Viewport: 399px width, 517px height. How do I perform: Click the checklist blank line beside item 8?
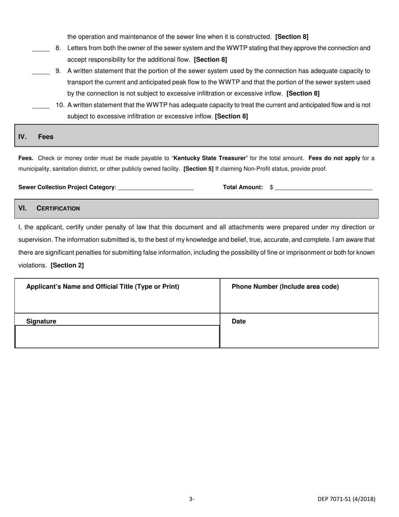tap(41, 51)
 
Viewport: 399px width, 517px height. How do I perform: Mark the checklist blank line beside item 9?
tap(41, 74)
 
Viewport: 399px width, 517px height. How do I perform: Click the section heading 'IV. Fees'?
tap(36, 137)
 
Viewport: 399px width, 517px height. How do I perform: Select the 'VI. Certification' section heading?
tap(49, 208)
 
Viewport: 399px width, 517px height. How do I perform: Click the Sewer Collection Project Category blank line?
tap(155, 189)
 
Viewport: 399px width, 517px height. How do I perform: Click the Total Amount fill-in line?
tap(323, 189)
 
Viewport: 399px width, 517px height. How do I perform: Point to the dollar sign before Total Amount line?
tap(272, 187)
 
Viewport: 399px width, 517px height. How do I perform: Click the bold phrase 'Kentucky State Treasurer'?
tap(210, 158)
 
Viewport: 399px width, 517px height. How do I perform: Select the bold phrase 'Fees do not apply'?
tap(334, 158)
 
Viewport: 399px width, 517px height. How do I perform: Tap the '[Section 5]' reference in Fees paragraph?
tap(199, 169)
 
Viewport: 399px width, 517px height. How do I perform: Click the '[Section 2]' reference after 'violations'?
tap(67, 266)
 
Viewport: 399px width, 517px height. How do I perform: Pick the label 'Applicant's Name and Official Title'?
tap(103, 287)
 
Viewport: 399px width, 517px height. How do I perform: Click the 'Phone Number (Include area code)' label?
tap(285, 287)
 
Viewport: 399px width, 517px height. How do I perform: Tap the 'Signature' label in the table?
tap(41, 322)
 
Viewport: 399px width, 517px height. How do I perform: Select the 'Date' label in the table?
tap(239, 322)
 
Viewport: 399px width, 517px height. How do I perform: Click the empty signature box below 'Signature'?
tap(117, 337)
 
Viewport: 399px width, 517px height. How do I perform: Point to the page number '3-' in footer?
tap(192, 499)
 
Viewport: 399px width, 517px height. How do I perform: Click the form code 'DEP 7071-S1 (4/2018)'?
tap(346, 499)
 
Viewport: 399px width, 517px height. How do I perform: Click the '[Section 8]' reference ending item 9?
tap(303, 93)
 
